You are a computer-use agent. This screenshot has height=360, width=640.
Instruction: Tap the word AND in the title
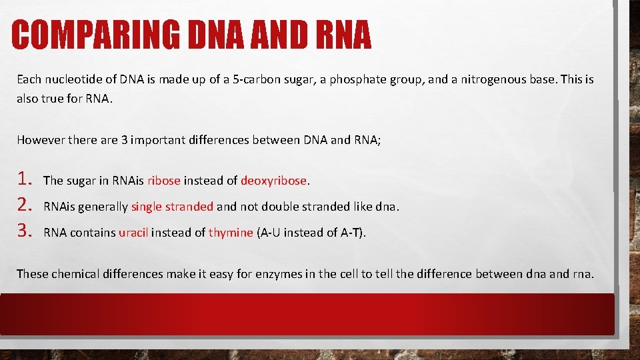click(x=269, y=35)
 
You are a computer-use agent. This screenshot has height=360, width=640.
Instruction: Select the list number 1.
click(x=25, y=179)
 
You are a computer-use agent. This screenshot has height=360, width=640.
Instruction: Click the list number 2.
click(x=25, y=205)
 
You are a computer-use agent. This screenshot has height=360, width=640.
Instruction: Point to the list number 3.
click(x=25, y=231)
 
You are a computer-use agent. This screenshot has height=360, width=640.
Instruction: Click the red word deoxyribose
click(x=274, y=181)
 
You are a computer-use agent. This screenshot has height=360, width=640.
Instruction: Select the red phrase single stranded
click(x=172, y=207)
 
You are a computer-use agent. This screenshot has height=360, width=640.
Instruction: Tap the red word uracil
click(x=133, y=233)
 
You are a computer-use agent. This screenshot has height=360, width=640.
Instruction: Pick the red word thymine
click(x=231, y=233)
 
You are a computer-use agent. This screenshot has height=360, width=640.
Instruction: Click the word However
click(x=39, y=140)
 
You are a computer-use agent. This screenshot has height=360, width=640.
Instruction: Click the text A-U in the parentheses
click(x=269, y=233)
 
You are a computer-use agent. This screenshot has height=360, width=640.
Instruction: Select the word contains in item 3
click(x=93, y=233)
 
